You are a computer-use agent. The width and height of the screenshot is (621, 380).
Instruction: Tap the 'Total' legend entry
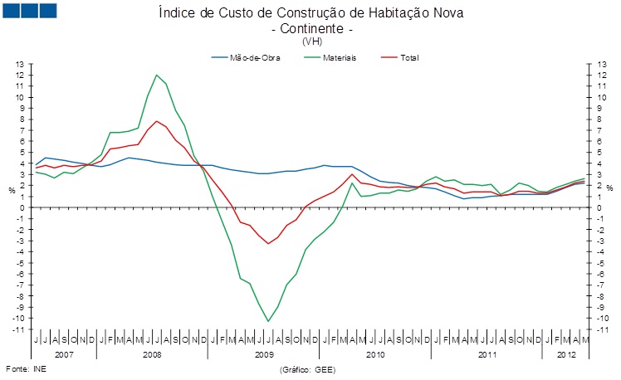pyautogui.click(x=409, y=58)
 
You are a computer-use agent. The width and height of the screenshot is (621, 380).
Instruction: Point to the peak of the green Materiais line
pyautogui.click(x=156, y=75)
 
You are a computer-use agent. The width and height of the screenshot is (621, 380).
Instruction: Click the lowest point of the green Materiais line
pyautogui.click(x=268, y=321)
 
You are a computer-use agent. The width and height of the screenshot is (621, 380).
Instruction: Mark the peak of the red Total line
pyautogui.click(x=156, y=121)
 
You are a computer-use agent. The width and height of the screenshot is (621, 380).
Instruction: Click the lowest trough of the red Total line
pyautogui.click(x=268, y=243)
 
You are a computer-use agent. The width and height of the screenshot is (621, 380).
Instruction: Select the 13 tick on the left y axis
pyautogui.click(x=21, y=64)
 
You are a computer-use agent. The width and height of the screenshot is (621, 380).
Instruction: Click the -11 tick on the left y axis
pyautogui.click(x=20, y=329)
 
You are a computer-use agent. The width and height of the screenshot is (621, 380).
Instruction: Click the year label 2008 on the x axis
pyautogui.click(x=151, y=353)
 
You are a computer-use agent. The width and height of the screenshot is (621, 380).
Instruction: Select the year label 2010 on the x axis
pyautogui.click(x=375, y=353)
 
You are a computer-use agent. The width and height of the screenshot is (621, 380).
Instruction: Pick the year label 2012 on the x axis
pyautogui.click(x=567, y=353)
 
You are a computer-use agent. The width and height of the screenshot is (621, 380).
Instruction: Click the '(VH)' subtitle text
pyautogui.click(x=312, y=41)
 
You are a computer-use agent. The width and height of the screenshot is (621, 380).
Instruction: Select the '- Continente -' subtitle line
pyautogui.click(x=311, y=28)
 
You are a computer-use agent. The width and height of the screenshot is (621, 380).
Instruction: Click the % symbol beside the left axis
pyautogui.click(x=12, y=190)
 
